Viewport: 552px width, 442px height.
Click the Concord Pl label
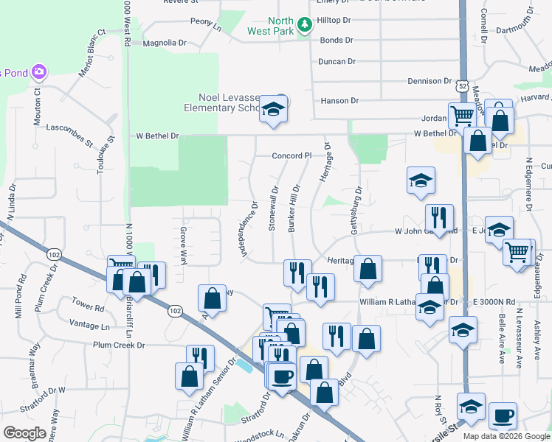(293, 156)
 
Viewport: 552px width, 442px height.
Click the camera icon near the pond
(38, 72)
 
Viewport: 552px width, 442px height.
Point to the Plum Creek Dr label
(119, 345)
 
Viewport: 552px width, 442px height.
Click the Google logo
(24, 433)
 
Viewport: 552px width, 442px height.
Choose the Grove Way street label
(183, 245)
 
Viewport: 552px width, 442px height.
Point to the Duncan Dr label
(337, 62)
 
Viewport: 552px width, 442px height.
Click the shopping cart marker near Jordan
(462, 115)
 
